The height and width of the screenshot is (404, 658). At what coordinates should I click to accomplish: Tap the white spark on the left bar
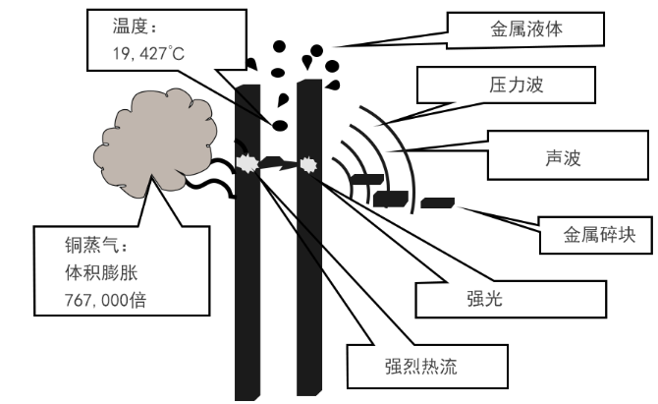[x=247, y=165]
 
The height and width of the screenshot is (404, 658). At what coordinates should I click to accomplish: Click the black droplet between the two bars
[x=280, y=125]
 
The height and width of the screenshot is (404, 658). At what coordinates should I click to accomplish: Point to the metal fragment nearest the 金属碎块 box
[x=437, y=202]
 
